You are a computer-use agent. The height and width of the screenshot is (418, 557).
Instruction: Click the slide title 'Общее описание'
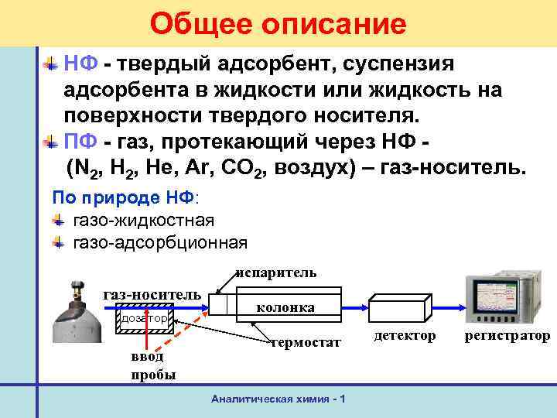(x=278, y=24)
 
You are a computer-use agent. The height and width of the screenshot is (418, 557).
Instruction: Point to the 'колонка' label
(x=285, y=307)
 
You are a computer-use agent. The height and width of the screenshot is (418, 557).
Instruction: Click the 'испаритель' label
(x=276, y=272)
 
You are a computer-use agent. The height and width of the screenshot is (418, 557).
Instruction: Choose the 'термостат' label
(x=306, y=342)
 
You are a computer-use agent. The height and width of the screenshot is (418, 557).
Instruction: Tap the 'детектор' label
(x=404, y=335)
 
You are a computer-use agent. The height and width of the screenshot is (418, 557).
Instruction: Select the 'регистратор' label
(x=507, y=335)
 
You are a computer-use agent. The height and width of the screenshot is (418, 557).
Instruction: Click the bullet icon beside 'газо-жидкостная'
(x=58, y=220)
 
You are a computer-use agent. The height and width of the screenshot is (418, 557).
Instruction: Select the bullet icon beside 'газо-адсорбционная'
(x=58, y=242)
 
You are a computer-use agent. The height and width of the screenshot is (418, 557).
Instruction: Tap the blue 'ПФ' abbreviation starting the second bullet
(x=80, y=142)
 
